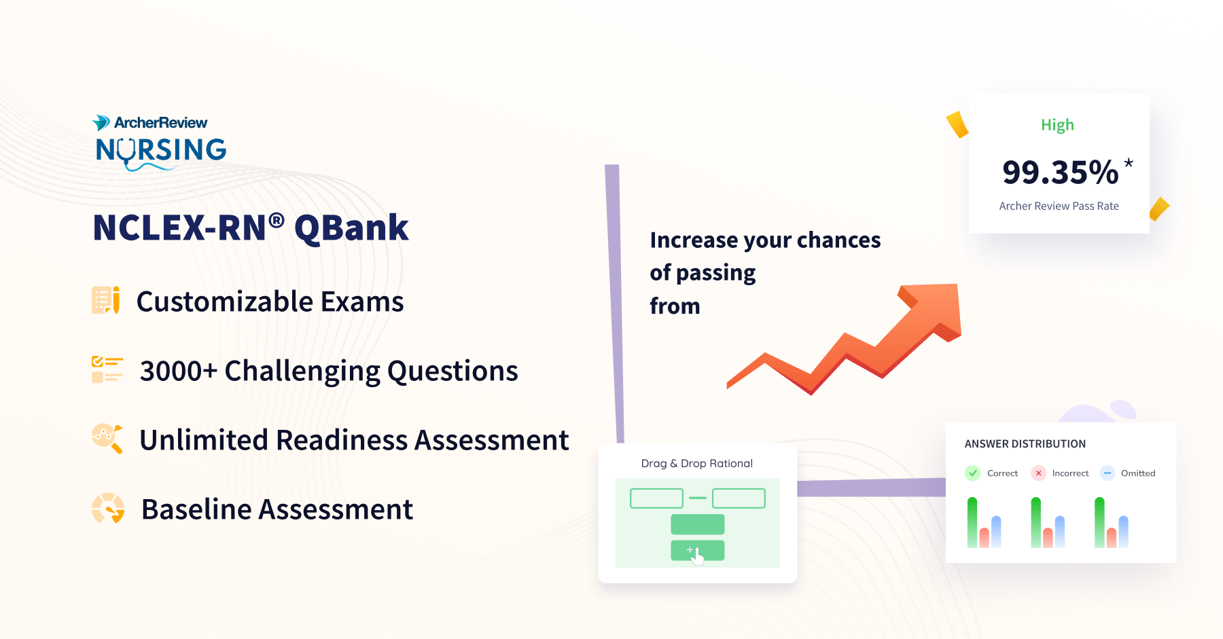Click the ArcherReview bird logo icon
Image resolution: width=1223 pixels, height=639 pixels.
click(101, 122)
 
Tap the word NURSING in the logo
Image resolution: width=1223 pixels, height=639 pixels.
click(161, 150)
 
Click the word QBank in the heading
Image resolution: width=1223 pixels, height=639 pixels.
click(351, 228)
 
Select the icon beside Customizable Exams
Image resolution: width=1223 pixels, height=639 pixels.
click(105, 300)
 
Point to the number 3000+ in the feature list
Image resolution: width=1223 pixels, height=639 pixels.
click(178, 371)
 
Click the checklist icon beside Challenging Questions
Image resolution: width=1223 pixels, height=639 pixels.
click(107, 369)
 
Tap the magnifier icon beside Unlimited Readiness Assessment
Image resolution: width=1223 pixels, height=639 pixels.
click(107, 438)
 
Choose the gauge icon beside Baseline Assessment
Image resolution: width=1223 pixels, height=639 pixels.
click(108, 508)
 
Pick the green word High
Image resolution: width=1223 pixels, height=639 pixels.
click(1057, 125)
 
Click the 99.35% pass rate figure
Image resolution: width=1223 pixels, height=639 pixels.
click(1060, 172)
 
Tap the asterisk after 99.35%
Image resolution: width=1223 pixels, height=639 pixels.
click(1129, 164)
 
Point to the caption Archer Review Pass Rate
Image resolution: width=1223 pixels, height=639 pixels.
click(1059, 206)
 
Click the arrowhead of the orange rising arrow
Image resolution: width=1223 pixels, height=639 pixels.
click(938, 309)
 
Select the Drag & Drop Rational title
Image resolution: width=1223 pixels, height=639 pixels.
click(696, 463)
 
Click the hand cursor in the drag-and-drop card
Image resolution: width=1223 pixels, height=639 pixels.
click(696, 557)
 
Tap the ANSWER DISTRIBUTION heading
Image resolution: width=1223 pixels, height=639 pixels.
click(1025, 444)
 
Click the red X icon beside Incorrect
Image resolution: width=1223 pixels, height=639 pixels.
click(1038, 473)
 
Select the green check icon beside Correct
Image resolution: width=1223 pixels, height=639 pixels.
click(973, 473)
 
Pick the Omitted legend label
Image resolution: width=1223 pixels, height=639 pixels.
click(1138, 473)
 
